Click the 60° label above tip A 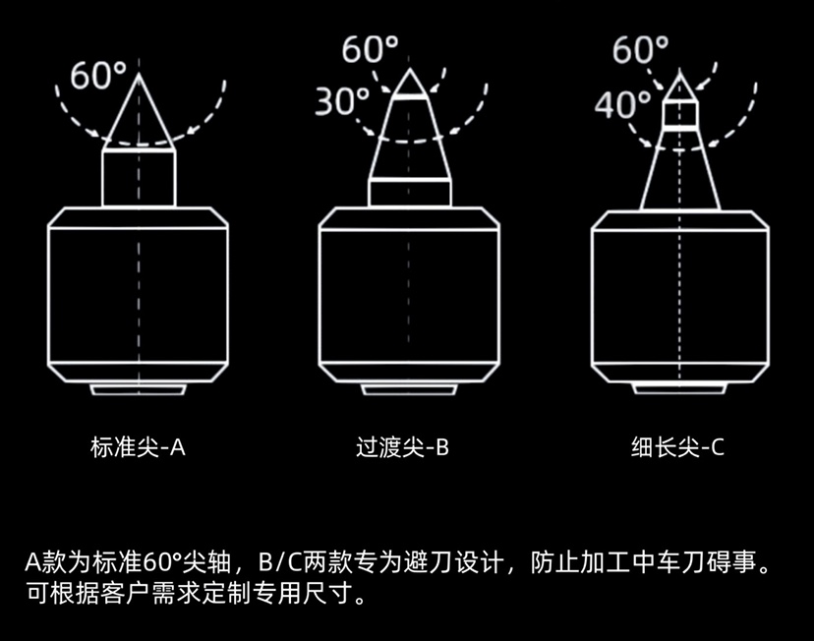97,76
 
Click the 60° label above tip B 370,49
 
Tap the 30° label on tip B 343,100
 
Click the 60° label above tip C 640,49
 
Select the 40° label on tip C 623,103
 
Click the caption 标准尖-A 138,448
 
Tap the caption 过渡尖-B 402,448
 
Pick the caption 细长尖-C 677,448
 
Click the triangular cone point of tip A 139,117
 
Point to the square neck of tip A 139,178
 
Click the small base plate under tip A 139,390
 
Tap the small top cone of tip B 409,85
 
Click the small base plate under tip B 409,390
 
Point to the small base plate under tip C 679,390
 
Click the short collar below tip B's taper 409,193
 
